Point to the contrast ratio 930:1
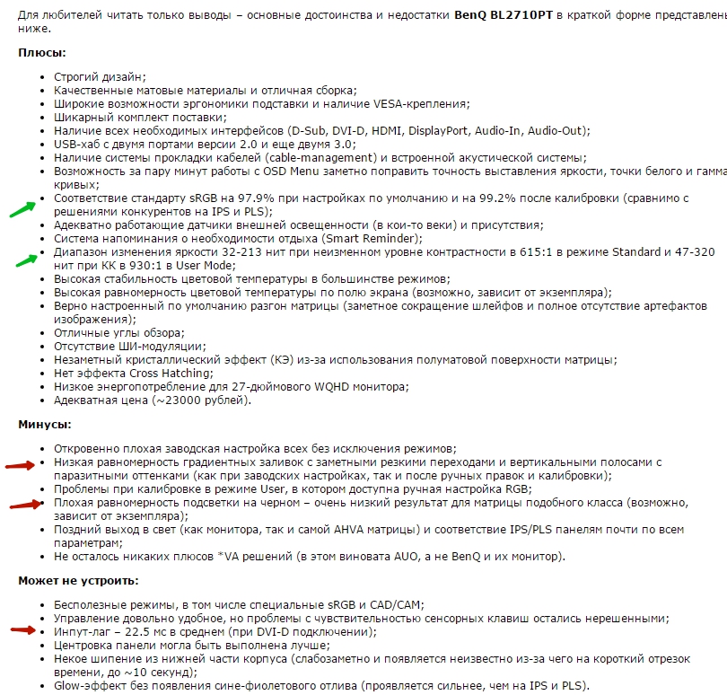coord(158,266)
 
